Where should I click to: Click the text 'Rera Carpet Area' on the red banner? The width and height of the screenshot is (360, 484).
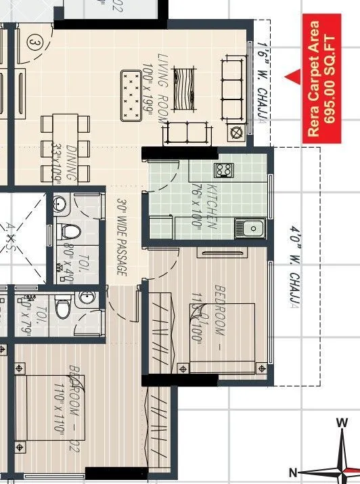coord(313,79)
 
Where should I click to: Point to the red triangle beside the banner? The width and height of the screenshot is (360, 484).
coord(292,78)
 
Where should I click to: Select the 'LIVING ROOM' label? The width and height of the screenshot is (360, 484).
coord(162,88)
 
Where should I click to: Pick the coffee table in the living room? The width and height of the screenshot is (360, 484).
coord(181,87)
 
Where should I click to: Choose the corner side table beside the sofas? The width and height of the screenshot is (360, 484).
coord(237,132)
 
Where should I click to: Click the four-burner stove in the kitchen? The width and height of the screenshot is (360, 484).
coord(223,169)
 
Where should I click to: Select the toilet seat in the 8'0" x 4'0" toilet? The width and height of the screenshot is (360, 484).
coord(70,232)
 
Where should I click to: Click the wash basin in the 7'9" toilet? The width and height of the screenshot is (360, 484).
coord(86,298)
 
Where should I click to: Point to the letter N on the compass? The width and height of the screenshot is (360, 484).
coord(294,472)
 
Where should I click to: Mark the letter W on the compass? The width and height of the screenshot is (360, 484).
coord(342,423)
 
